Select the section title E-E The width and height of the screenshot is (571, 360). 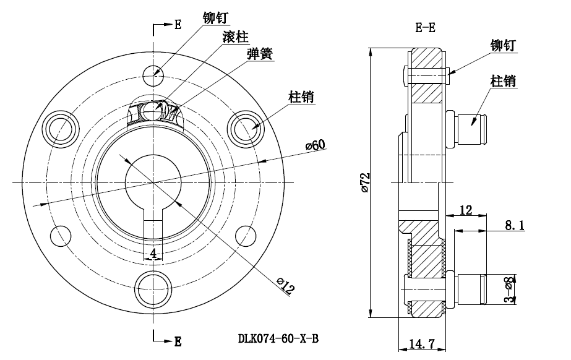425,27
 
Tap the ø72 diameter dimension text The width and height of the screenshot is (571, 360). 364,182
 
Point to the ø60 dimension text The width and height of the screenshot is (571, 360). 316,145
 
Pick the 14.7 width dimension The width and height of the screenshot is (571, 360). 421,343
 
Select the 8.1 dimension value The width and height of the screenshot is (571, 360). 514,226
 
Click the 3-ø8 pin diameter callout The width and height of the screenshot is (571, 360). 509,289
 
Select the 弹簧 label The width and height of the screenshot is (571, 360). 259,54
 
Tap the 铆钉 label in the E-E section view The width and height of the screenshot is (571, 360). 502,46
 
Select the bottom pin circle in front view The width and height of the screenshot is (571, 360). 152,288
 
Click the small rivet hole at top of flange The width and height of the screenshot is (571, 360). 152,76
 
